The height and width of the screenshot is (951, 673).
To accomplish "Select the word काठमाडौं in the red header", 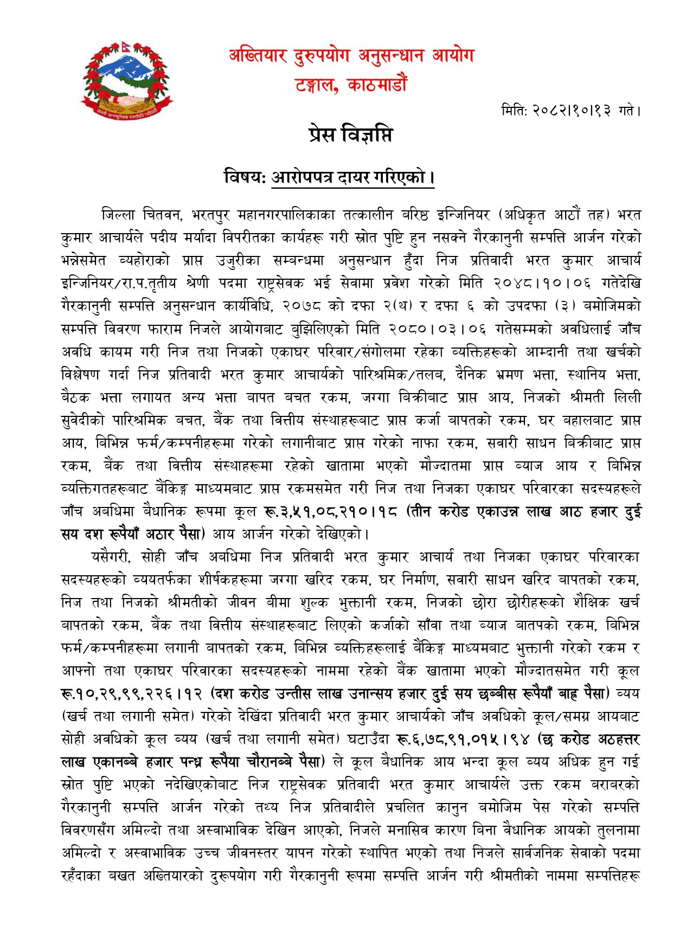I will pos(375,85).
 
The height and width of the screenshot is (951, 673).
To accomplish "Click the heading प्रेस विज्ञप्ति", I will pos(349,134).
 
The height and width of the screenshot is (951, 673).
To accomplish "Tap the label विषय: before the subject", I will pos(245,177).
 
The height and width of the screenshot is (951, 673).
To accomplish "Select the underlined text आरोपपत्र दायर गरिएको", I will pos(352,177).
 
